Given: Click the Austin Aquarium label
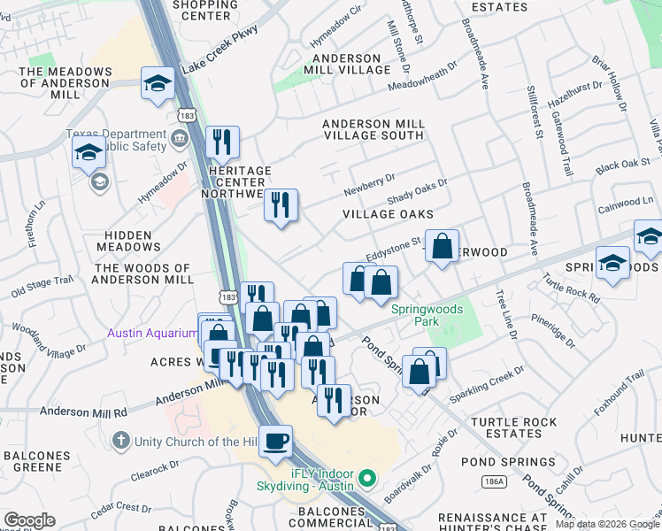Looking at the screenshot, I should [x=152, y=333].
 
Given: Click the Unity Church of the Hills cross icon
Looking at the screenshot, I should [x=120, y=441].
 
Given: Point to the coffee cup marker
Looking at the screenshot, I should [x=276, y=440].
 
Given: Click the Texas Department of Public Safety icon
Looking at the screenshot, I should [x=180, y=137].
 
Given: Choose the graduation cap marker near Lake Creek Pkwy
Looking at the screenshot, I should [x=158, y=84].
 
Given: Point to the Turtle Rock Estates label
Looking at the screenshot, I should [x=506, y=428].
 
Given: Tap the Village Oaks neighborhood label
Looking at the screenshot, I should [x=388, y=214].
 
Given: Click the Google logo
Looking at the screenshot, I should [x=29, y=520].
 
